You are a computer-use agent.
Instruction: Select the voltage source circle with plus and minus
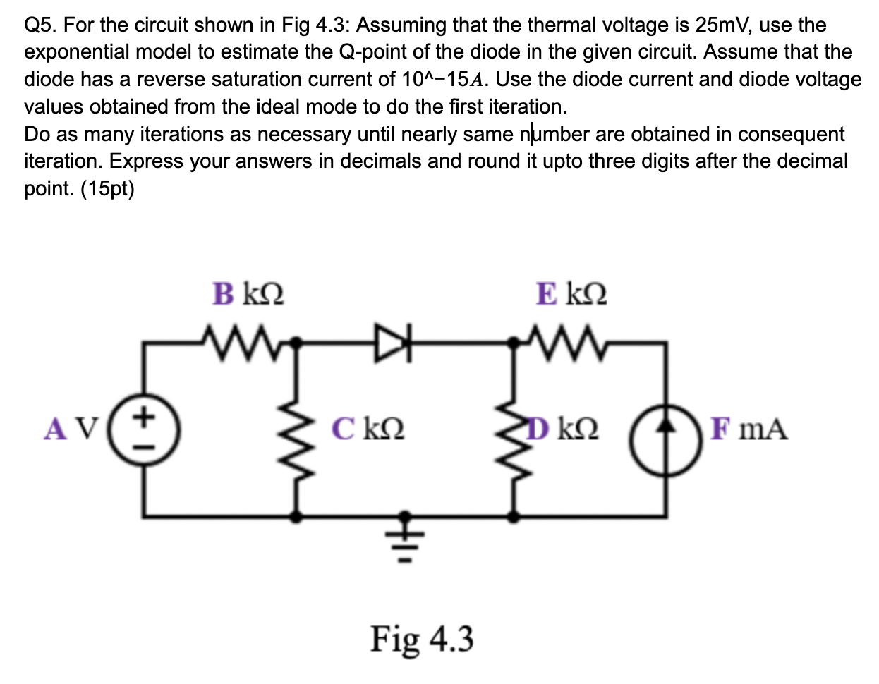146,429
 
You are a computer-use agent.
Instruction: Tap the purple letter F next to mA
719,428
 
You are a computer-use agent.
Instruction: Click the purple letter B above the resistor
223,294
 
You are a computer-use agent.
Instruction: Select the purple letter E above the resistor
546,293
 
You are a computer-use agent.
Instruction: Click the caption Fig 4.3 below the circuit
422,639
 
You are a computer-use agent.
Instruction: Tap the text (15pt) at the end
108,189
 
